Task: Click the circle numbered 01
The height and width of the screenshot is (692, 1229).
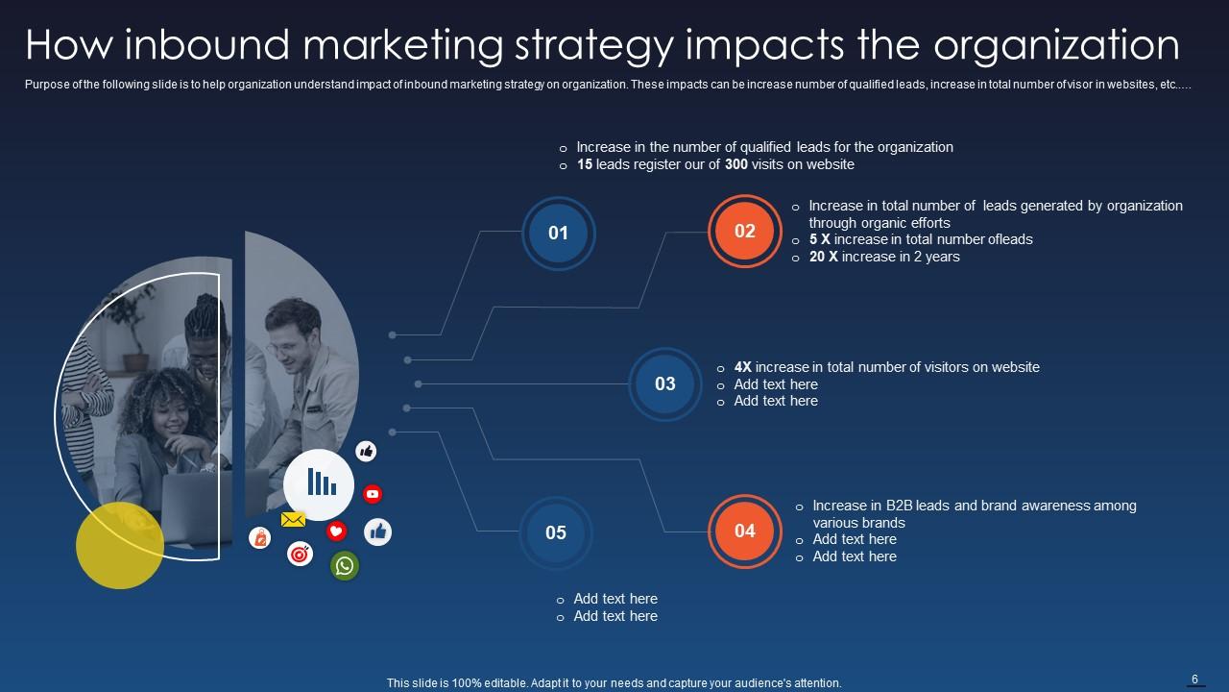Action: coord(558,233)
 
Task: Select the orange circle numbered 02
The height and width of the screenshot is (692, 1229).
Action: coord(745,231)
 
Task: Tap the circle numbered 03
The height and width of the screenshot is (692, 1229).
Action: coord(665,383)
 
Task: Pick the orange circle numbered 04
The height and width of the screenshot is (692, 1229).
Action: coord(745,531)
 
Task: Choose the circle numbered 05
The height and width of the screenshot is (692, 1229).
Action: coord(556,532)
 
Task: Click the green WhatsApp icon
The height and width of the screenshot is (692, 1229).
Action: coord(345,565)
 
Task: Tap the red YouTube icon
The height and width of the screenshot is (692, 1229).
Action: coord(373,494)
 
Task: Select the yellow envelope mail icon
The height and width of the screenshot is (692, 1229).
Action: coord(293,520)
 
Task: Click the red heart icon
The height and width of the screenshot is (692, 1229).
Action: coord(336,531)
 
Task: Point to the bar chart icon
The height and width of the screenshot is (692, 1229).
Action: coord(319,482)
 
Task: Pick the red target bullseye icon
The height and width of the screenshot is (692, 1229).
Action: coord(301,554)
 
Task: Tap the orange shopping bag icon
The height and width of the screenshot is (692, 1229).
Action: coord(259,538)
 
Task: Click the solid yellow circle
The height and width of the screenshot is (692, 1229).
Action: coord(120,545)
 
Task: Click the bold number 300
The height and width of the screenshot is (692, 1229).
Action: coord(736,164)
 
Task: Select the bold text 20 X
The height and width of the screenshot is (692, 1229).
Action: coord(823,257)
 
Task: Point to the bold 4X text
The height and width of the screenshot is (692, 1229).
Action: coord(743,367)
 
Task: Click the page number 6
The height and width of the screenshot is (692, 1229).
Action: coord(1195,680)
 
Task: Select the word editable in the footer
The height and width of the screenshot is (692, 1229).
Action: coord(505,683)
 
